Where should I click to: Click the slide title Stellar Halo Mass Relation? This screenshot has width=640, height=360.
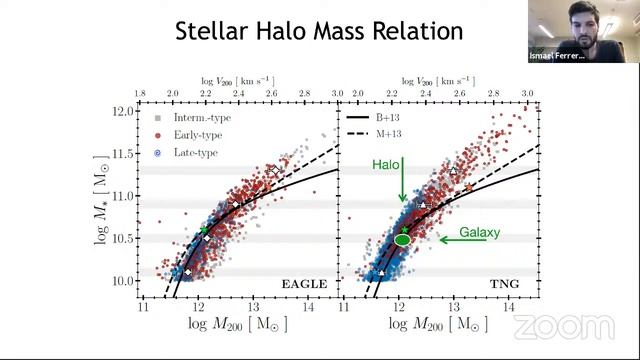click(x=319, y=31)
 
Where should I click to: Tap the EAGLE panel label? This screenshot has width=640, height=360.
click(x=302, y=285)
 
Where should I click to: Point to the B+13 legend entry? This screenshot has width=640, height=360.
click(x=378, y=118)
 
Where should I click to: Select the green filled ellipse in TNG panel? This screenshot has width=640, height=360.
click(x=403, y=239)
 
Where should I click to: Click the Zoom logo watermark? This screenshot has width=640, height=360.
click(x=564, y=327)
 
